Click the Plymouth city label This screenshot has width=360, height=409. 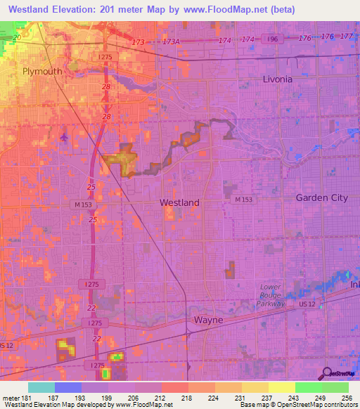(x=42, y=72)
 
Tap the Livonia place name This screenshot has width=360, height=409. (x=277, y=79)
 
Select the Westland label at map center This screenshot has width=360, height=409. (x=179, y=202)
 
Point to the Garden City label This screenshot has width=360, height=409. (x=321, y=197)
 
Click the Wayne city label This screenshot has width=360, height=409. (x=208, y=320)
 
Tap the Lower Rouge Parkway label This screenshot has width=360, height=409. (x=270, y=295)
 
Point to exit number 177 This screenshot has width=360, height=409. (x=345, y=36)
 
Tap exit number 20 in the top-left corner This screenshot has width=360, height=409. (x=18, y=37)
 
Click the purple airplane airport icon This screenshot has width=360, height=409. (x=65, y=136)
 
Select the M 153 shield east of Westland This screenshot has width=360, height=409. (x=243, y=200)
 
